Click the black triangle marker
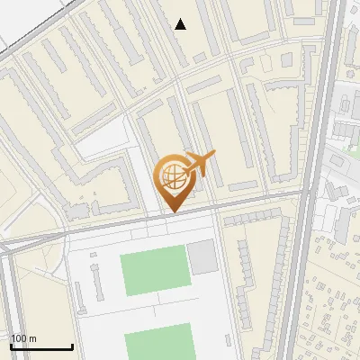(181, 24)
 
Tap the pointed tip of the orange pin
(173, 211)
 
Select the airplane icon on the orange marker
(202, 164)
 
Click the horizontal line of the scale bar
(41, 347)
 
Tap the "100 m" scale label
(23, 338)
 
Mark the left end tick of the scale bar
(11, 346)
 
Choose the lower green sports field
(158, 346)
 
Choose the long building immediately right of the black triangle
(204, 27)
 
